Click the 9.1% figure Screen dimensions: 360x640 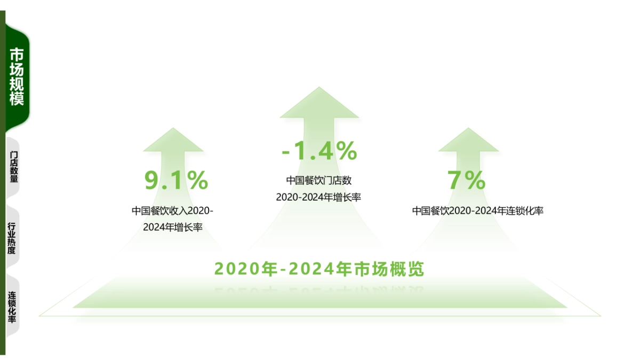click(176, 180)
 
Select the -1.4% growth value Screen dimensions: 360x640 click(319, 151)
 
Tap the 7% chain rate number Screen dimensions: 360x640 click(467, 180)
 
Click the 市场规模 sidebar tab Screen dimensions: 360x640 click(17, 77)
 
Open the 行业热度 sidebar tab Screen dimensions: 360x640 click(12, 238)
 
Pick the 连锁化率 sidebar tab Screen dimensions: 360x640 click(12, 308)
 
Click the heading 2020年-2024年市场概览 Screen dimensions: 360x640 click(319, 269)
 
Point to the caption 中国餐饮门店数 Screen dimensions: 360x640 click(319, 180)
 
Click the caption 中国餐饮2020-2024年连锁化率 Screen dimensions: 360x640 click(477, 211)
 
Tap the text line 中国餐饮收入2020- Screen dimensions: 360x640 click(172, 211)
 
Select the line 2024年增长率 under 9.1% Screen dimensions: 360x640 click(172, 228)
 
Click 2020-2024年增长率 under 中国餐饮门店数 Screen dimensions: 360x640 click(318, 197)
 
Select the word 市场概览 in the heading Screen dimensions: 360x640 click(389, 269)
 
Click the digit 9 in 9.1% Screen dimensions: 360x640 click(153, 180)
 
